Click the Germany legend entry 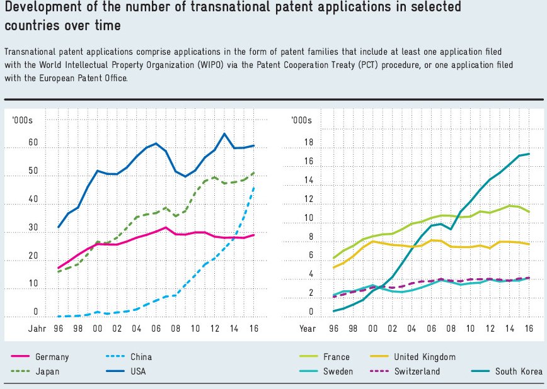[x=52, y=357]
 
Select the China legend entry [x=141, y=357]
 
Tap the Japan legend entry [x=47, y=371]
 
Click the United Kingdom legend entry [x=425, y=357]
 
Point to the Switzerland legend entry [x=417, y=371]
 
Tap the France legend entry [x=336, y=357]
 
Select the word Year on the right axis [x=308, y=329]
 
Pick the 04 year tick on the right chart [x=412, y=329]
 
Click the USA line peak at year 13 [x=224, y=133]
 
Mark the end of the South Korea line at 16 [x=529, y=154]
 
